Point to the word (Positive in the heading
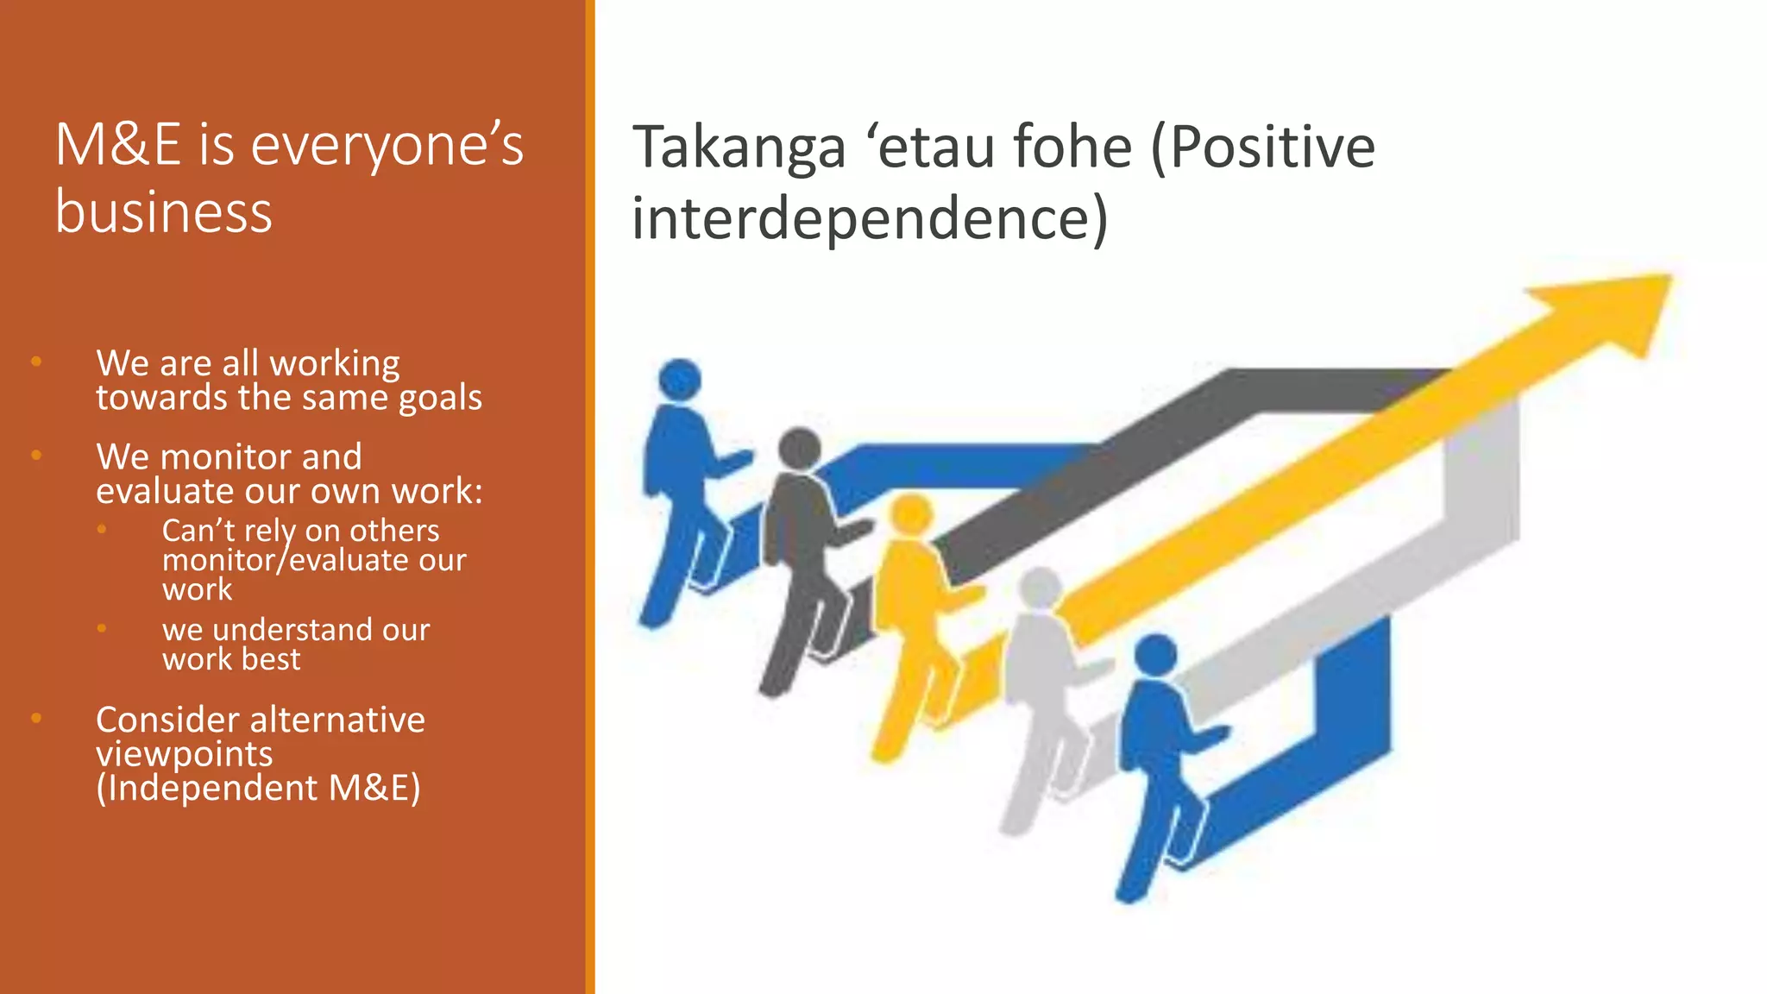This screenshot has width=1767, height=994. click(x=1263, y=148)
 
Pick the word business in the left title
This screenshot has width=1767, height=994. click(x=164, y=212)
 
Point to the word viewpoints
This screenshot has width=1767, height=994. click(x=184, y=754)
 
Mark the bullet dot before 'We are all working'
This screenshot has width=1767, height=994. click(x=36, y=362)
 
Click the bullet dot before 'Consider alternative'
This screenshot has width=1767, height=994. click(x=36, y=717)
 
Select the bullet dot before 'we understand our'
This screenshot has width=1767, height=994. click(x=102, y=628)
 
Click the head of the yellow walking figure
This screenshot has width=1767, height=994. click(x=911, y=515)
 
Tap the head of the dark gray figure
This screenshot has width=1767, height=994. click(x=799, y=449)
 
